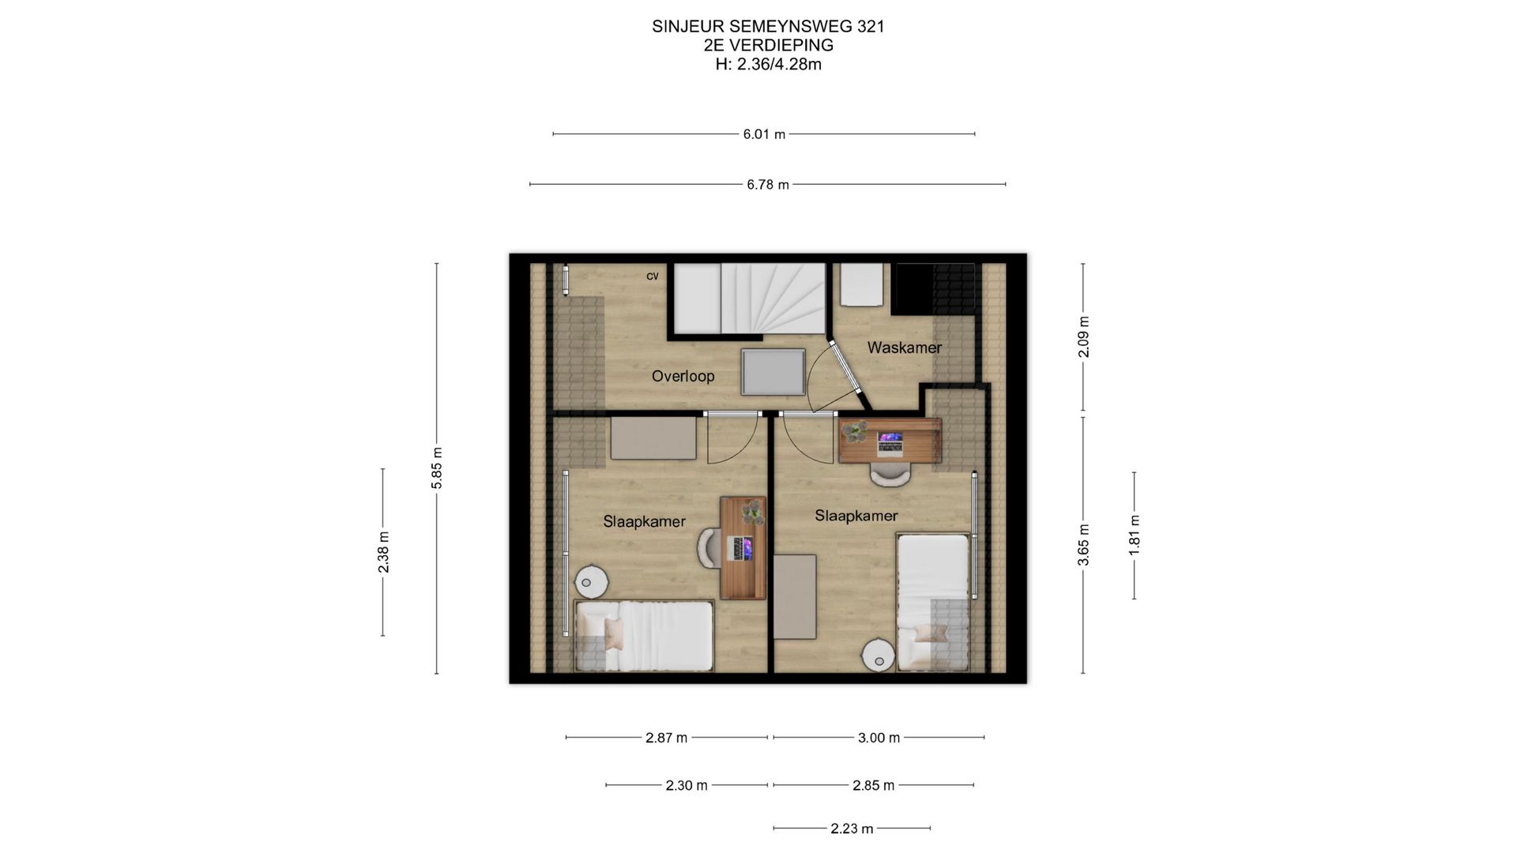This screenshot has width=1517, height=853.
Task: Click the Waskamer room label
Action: point(904,348)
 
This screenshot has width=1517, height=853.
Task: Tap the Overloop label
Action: point(683,376)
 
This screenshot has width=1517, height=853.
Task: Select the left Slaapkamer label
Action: point(644,521)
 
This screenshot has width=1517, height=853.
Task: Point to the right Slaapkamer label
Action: point(856,516)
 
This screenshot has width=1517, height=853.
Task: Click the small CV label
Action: point(653,276)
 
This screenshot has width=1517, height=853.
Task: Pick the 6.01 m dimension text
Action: point(764,134)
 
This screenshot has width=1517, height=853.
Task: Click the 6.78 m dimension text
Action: point(768,185)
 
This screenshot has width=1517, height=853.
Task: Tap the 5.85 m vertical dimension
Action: point(437,468)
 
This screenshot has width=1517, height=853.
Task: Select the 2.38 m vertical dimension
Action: point(383,552)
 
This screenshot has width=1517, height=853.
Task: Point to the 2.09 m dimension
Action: point(1083,337)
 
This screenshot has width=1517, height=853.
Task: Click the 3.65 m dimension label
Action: point(1083,545)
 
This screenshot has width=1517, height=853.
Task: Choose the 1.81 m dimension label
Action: point(1135,535)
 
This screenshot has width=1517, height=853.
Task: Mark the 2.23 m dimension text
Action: point(852,829)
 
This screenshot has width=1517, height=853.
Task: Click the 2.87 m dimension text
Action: point(666,738)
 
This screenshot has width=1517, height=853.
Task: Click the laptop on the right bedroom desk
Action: point(890,443)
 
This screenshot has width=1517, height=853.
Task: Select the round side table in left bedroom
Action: point(590,582)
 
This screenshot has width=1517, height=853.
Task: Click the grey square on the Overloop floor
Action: point(772,372)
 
